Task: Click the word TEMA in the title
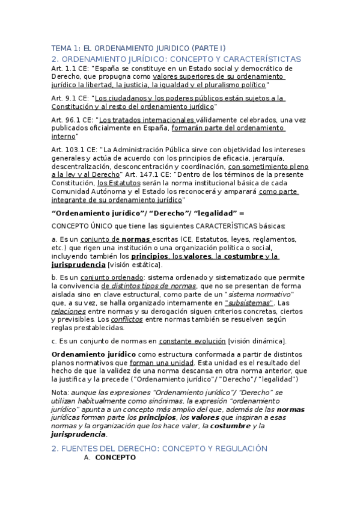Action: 61,48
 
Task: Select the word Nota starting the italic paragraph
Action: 60,392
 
